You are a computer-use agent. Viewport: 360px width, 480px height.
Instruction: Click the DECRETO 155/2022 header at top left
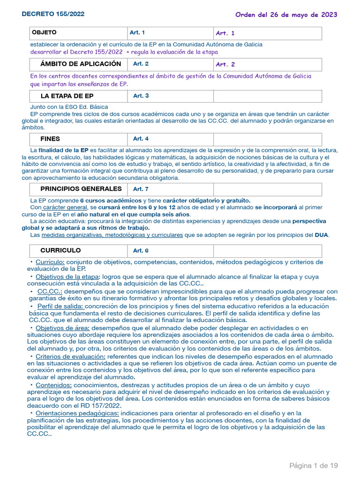point(53,14)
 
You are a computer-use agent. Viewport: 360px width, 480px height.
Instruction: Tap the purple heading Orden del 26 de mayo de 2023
point(286,15)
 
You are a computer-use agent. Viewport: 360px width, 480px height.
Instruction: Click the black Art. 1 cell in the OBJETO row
point(137,33)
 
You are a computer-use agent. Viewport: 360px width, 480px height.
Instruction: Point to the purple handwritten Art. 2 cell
point(225,64)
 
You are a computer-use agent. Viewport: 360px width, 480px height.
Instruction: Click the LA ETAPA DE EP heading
point(67,96)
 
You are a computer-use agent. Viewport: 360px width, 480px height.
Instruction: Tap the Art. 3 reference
point(141,96)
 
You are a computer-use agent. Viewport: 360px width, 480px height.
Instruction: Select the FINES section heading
point(50,139)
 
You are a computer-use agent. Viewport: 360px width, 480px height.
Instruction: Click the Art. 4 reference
point(141,139)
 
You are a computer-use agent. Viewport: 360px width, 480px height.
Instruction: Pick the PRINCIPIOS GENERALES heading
point(81,189)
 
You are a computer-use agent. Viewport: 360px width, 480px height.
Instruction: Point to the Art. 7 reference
point(141,189)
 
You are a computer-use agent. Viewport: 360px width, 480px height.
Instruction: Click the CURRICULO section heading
point(60,250)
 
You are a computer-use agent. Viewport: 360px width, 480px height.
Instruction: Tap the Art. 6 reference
point(141,251)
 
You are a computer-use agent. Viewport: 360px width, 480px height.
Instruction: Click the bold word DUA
point(321,235)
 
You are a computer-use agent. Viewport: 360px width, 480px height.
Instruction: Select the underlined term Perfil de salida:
point(60,306)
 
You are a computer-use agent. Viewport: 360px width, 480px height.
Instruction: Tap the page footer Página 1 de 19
point(313,465)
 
